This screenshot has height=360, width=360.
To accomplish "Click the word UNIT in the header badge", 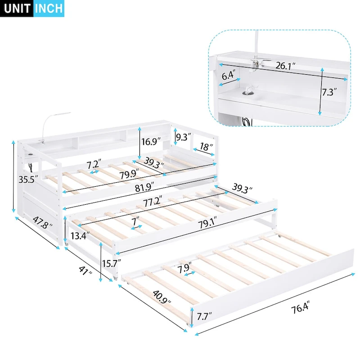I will click(17, 9).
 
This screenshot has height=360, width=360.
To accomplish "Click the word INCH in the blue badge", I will click(49, 9).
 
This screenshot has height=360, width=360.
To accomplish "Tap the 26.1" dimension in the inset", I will click(285, 66).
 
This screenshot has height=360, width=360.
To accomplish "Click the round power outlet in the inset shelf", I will click(247, 93).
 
